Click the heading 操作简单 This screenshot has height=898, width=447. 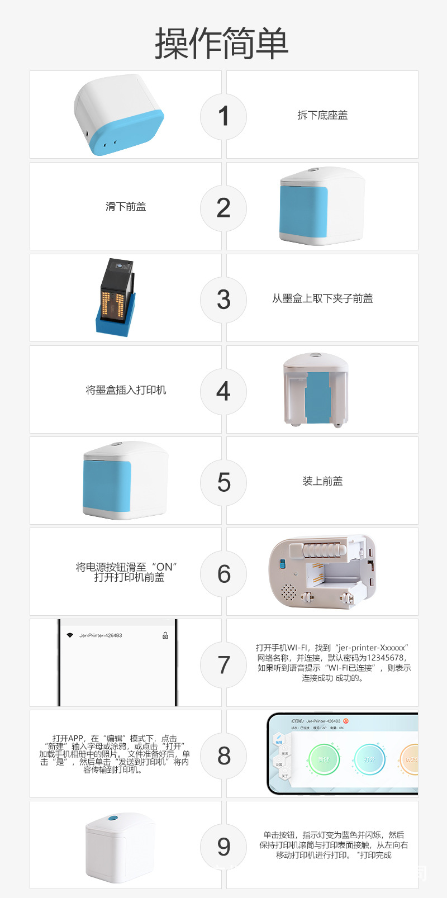coord(222,44)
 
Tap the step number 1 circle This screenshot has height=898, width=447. coord(223,116)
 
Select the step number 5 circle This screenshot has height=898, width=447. coord(223,482)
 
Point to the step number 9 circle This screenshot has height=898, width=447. coord(223,847)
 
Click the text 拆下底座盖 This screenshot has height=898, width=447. coord(322,115)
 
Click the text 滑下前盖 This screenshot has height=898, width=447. coord(126,207)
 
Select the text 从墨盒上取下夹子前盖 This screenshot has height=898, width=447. coord(322,298)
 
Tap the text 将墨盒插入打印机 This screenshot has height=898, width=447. coord(126,390)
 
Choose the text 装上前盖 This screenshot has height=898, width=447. coord(322,481)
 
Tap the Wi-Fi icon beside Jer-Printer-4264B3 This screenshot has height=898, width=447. coord(70,635)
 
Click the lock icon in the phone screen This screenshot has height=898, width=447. coord(165,635)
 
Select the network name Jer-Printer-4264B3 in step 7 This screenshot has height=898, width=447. coord(101,635)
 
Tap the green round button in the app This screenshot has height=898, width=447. coord(324,759)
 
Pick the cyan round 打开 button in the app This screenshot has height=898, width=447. coord(369,759)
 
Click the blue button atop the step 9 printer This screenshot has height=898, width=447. coord(113,818)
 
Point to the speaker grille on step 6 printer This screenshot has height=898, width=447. coord(288,591)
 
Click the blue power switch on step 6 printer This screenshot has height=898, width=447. coord(282,564)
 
